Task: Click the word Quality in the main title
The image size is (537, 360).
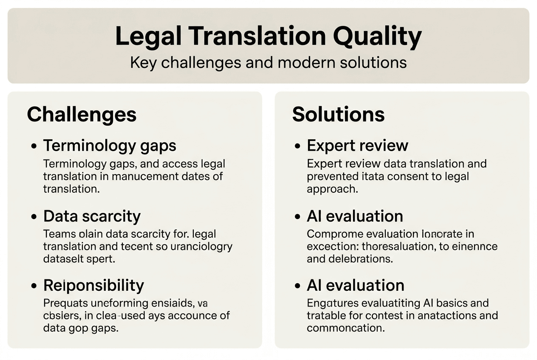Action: (377, 37)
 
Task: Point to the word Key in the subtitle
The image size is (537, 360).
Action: (144, 62)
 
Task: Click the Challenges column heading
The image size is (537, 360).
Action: (82, 114)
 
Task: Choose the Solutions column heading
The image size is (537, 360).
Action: (338, 114)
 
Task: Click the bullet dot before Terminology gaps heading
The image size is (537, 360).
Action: (34, 146)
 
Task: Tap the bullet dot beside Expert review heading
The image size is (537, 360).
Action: (297, 146)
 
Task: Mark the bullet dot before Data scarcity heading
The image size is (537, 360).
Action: (34, 217)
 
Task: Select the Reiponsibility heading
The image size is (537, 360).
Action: (93, 285)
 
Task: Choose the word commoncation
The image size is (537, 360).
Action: (345, 328)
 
